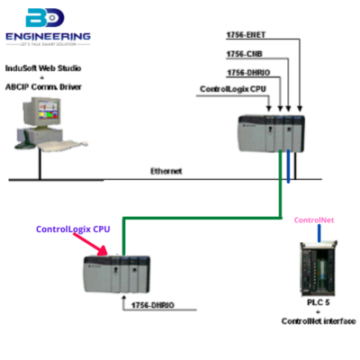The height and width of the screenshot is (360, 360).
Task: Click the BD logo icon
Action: (x=46, y=19)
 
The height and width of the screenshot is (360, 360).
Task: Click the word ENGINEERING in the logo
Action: (x=47, y=38)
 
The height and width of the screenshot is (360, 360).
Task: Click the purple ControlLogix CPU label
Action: (x=73, y=229)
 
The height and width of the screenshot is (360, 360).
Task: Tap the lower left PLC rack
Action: (x=113, y=274)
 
